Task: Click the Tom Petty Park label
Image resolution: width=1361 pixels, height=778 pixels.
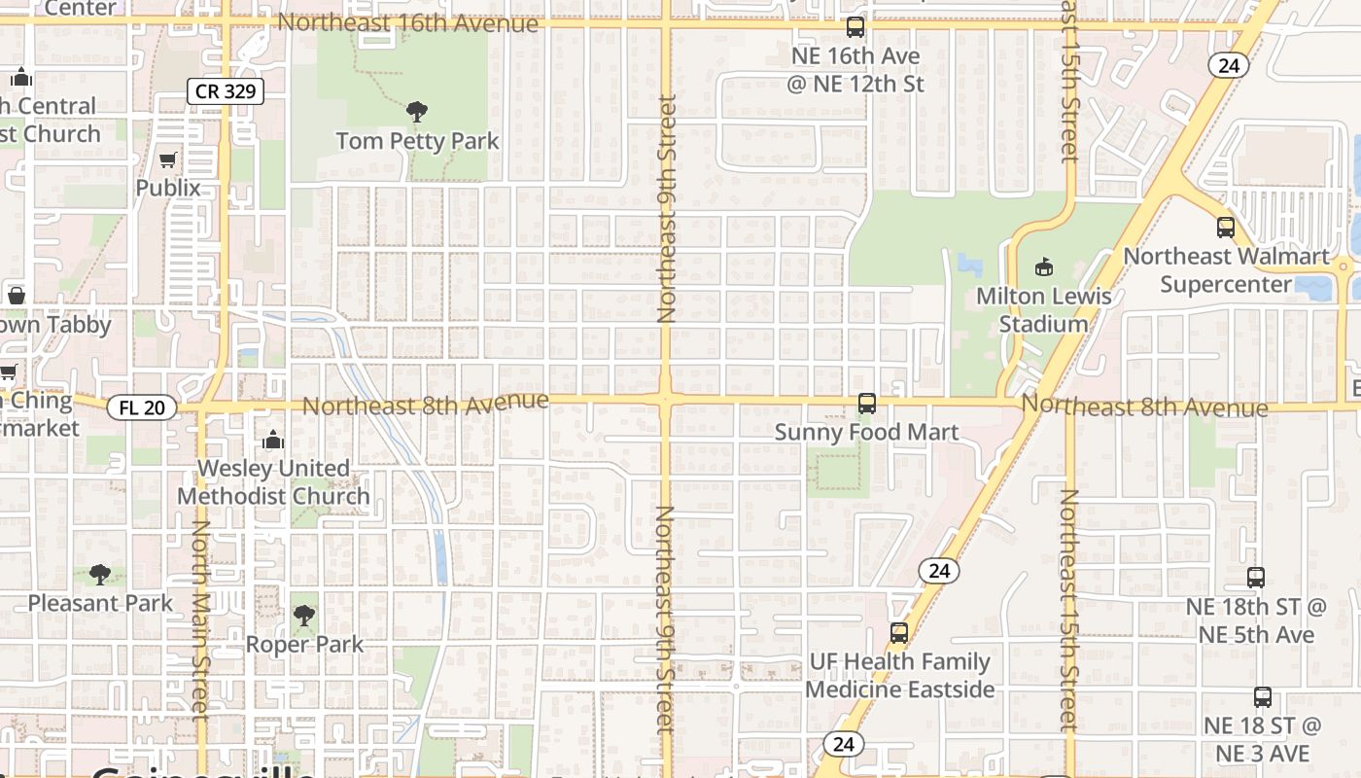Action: click(417, 141)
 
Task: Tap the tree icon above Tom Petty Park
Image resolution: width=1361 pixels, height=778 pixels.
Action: click(417, 112)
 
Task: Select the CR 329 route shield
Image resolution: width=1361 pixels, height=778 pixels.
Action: click(226, 91)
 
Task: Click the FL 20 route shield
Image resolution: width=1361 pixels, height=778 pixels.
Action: click(142, 407)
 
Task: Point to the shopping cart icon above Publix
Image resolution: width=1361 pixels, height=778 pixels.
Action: click(168, 159)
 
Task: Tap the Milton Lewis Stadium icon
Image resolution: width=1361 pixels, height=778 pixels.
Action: click(1044, 265)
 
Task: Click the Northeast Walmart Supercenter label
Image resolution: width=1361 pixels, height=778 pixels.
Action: click(1226, 270)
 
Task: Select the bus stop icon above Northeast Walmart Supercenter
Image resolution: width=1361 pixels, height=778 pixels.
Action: click(1226, 228)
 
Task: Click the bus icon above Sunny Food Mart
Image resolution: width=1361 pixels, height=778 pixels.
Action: click(866, 403)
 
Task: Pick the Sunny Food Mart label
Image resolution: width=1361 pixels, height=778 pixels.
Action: click(866, 432)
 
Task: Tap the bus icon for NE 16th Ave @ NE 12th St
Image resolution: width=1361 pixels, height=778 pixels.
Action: click(855, 27)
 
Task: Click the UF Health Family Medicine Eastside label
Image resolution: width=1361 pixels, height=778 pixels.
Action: click(899, 676)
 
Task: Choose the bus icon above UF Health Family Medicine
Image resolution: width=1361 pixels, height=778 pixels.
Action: click(899, 633)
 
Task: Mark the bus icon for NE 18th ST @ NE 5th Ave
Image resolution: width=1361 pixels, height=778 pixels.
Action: click(1256, 578)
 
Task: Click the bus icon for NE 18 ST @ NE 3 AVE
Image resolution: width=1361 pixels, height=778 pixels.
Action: click(1262, 696)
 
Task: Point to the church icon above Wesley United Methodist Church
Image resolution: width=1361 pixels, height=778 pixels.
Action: click(273, 440)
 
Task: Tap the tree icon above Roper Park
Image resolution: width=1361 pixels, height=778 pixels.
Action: click(304, 616)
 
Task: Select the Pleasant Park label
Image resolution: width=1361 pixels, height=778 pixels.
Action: click(100, 603)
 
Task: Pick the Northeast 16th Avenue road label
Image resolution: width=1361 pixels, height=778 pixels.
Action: click(407, 22)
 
